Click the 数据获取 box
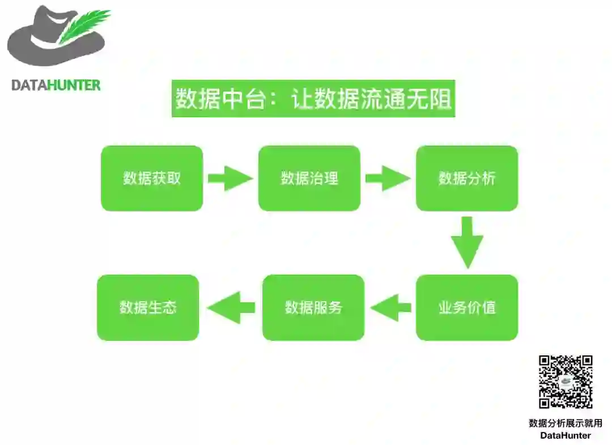coord(152,178)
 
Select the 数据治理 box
coord(309,178)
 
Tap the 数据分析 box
coord(467,178)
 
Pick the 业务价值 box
coord(467,307)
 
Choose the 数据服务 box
coord(313,307)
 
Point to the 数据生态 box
coord(148,307)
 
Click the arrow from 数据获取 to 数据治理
coord(230,178)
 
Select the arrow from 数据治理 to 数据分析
coord(388,178)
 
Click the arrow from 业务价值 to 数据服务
coord(390,307)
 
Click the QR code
coord(566,382)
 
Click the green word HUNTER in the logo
coord(74,85)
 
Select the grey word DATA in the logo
coord(29,85)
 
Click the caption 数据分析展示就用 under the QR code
coord(566,423)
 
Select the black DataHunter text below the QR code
coord(566,435)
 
